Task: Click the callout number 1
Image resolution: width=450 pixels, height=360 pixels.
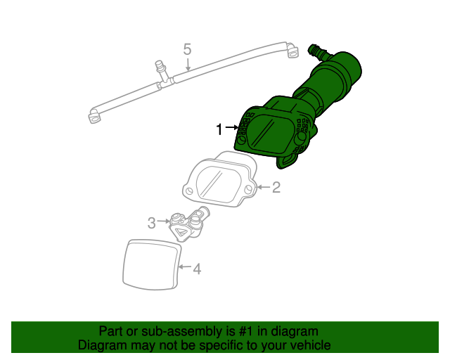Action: [x=219, y=129]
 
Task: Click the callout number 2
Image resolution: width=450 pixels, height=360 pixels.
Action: [x=276, y=187]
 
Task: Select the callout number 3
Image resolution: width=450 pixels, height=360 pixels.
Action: [x=151, y=224]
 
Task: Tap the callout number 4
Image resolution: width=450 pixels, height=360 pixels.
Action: [x=197, y=269]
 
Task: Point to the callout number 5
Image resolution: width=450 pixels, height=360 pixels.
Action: [x=187, y=49]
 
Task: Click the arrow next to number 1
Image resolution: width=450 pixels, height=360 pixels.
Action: [x=232, y=129]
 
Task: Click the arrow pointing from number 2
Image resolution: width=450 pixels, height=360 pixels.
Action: [x=263, y=187]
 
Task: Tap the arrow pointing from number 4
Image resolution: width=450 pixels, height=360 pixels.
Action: [x=184, y=268]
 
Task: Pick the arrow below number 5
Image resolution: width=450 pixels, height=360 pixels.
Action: [x=187, y=65]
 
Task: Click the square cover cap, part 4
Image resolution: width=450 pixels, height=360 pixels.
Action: [x=150, y=264]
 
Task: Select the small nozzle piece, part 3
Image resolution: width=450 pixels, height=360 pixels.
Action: [x=186, y=224]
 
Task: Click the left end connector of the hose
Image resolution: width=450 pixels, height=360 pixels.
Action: [x=94, y=116]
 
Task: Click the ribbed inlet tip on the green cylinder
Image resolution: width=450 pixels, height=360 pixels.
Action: [x=317, y=51]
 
